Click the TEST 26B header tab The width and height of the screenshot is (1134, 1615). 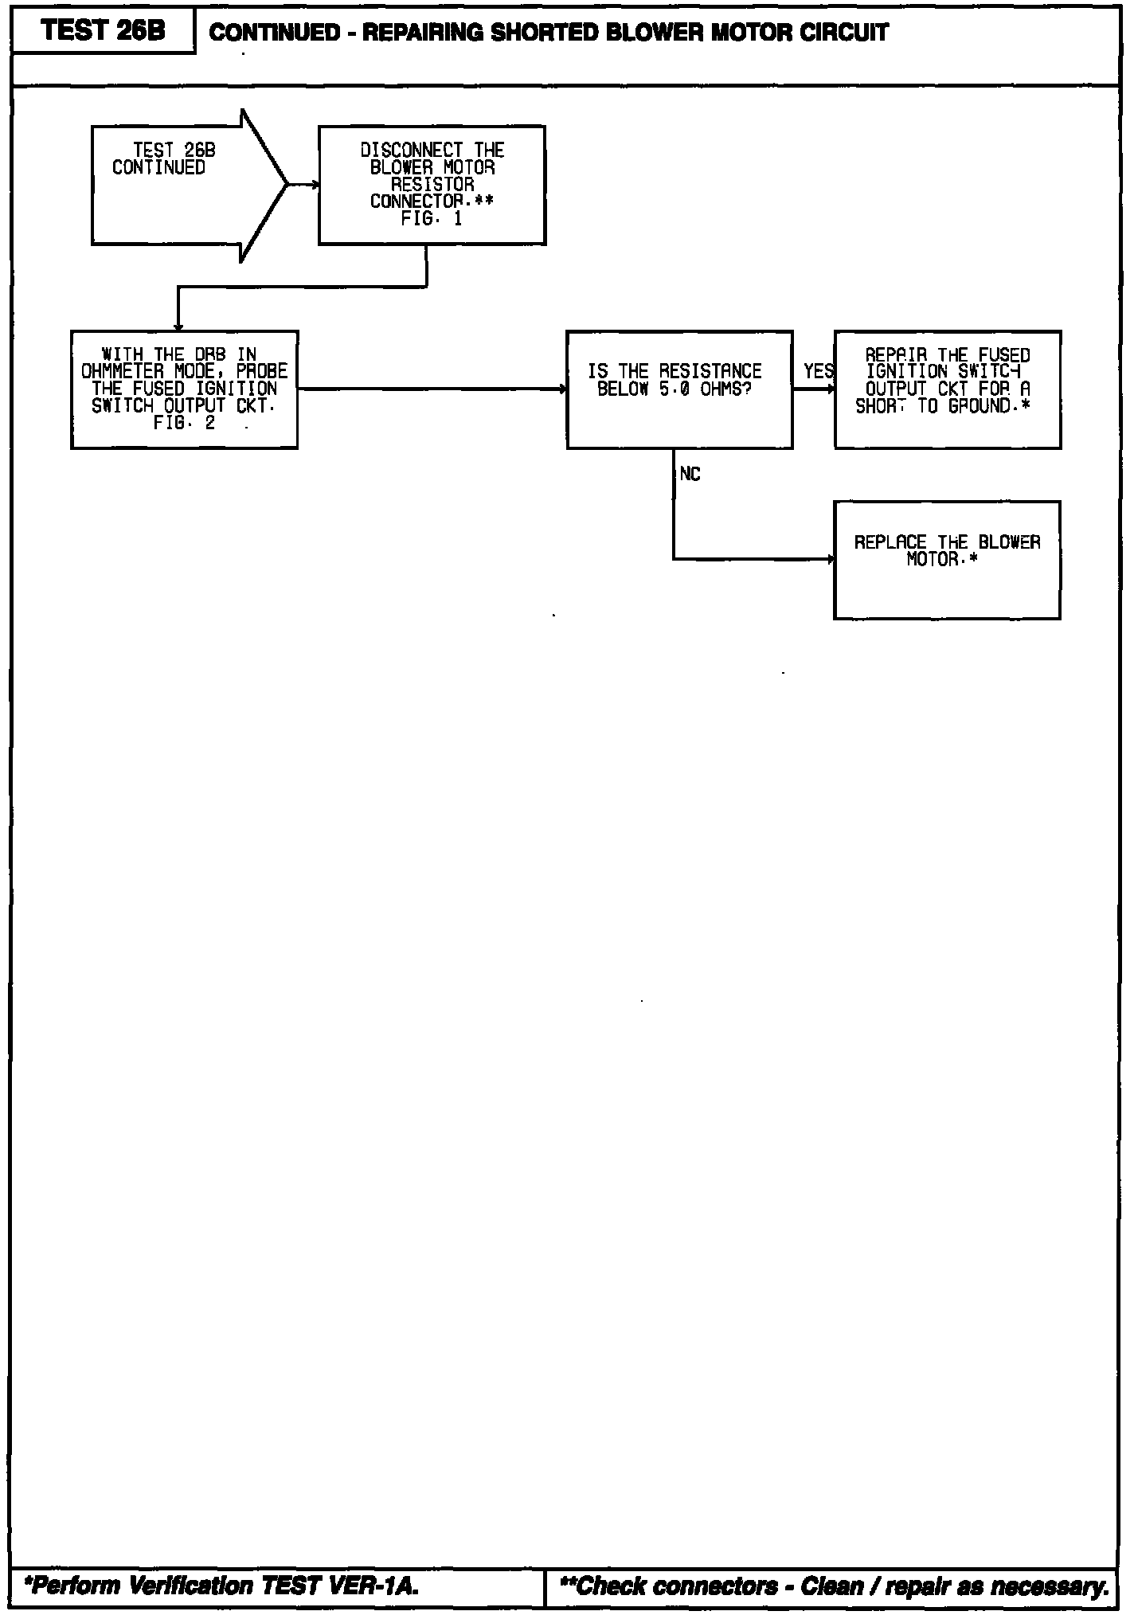coord(103,31)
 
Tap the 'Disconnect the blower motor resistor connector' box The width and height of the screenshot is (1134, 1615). coord(432,185)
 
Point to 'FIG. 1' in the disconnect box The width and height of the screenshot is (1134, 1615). coord(432,219)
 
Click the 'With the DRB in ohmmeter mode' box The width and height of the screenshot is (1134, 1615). coord(184,389)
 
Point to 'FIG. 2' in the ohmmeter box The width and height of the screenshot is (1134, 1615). coord(184,424)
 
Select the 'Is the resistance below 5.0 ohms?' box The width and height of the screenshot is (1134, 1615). coord(679,389)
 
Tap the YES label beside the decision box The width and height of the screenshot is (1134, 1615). coord(818,372)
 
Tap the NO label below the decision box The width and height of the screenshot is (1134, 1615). coord(690,475)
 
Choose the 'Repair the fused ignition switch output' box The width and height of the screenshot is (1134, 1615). coord(947,389)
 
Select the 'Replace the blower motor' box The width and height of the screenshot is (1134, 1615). coord(947,559)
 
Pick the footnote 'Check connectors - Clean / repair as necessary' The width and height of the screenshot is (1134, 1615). coord(835,1586)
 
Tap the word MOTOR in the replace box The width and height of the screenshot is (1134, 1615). coord(932,560)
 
